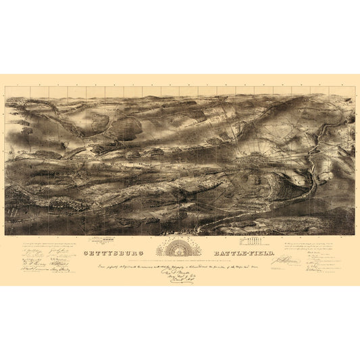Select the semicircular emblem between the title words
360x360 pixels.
coord(178,247)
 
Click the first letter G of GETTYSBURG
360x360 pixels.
coord(85,253)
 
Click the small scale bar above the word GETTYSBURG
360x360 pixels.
coord(122,242)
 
